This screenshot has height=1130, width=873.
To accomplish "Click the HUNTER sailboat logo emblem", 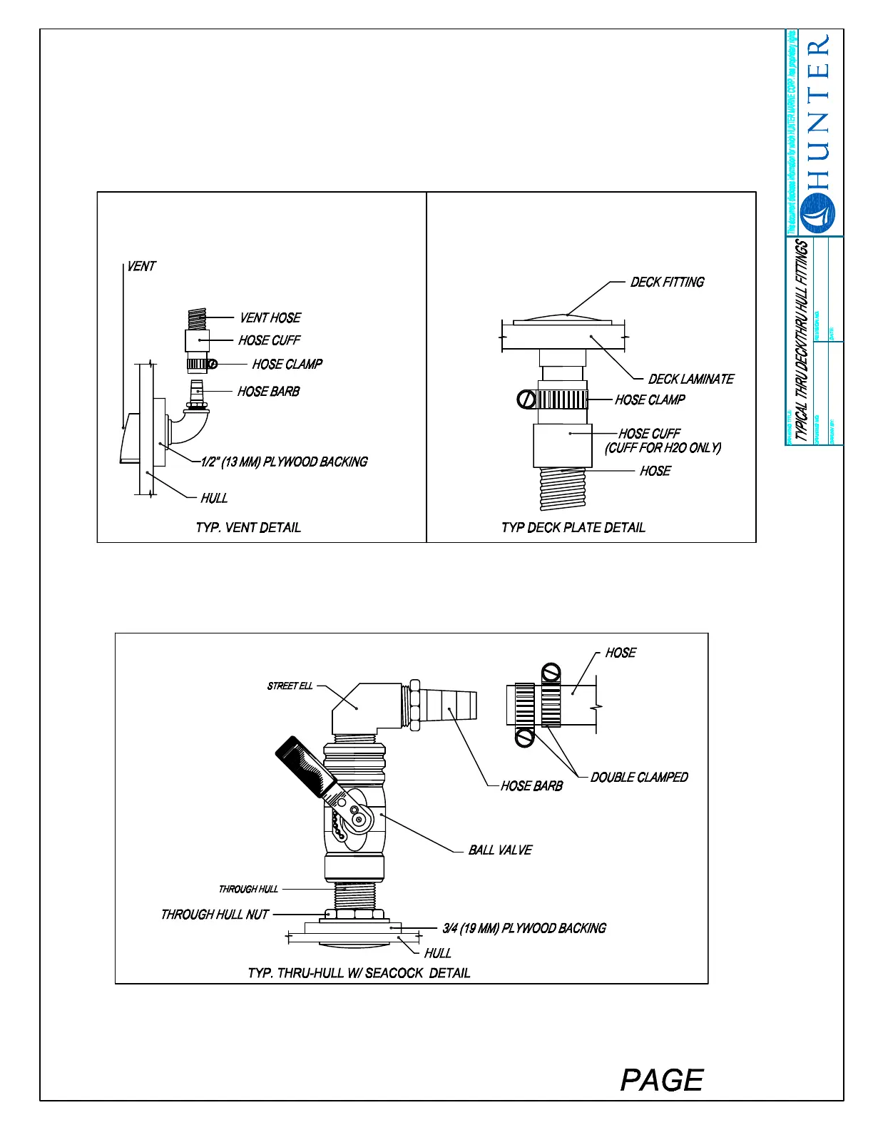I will click(817, 212).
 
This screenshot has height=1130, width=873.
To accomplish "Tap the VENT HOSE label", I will click(270, 317).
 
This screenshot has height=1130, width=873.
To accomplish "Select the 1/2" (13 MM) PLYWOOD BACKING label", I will click(285, 462).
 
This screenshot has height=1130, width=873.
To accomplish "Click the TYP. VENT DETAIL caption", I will click(248, 527).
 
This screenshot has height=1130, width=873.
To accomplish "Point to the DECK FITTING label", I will click(667, 282).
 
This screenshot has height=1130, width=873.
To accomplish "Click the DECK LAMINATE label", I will click(690, 379).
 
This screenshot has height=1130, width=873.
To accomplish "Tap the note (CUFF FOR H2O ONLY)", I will click(663, 447).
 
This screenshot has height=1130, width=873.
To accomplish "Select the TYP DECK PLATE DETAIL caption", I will click(573, 527).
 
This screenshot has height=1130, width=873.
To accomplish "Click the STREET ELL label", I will click(290, 686).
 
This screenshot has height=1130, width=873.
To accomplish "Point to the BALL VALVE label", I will click(500, 850).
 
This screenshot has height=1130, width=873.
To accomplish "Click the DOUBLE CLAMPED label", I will click(639, 777).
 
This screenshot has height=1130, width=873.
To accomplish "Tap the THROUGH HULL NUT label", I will click(215, 914).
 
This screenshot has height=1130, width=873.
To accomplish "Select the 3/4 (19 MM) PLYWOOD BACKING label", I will click(524, 927).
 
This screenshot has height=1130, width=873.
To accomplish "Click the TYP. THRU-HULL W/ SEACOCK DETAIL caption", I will click(359, 972).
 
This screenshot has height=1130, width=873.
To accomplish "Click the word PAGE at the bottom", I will click(662, 1079).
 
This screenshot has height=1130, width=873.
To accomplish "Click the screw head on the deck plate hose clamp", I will click(526, 399).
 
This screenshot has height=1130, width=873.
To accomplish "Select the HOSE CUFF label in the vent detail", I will click(270, 340).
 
